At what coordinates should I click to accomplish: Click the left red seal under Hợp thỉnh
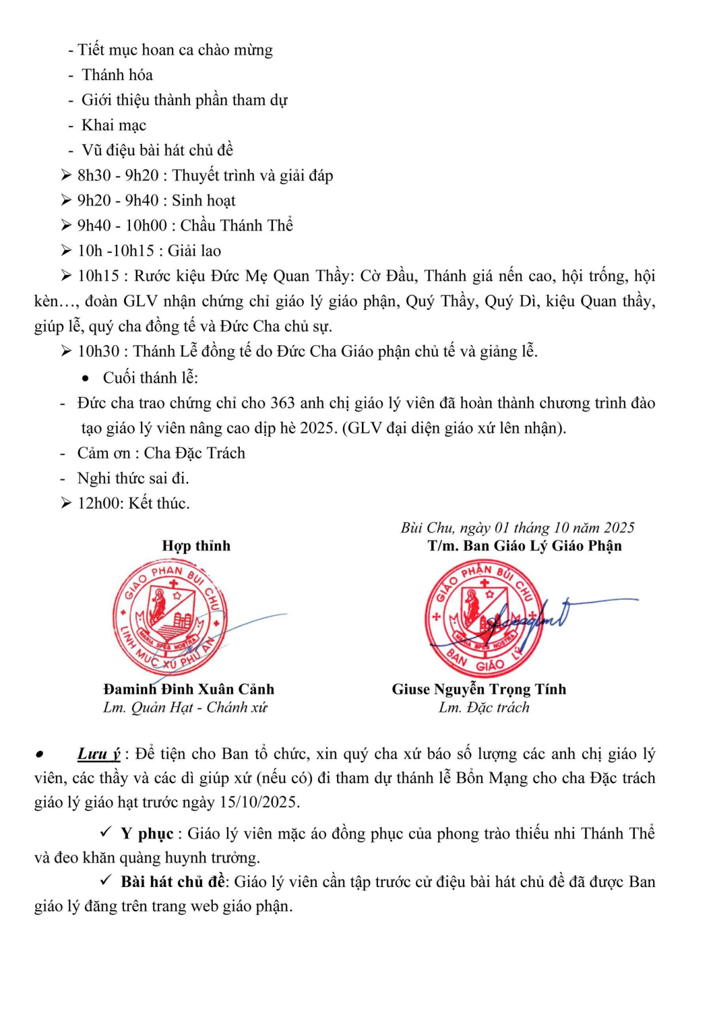170,617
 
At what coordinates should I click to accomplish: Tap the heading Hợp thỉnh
196,546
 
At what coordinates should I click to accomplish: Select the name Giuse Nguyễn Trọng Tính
479,689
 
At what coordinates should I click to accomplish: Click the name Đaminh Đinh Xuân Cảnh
189,689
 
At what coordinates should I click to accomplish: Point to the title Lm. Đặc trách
484,708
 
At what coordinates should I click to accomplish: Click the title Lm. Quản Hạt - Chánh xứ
185,708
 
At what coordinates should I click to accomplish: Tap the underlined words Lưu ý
98,754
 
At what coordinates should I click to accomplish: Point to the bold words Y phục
147,834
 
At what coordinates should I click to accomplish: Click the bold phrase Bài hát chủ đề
173,882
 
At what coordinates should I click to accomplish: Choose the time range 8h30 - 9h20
118,176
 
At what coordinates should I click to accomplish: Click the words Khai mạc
114,125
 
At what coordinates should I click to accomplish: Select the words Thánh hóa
117,75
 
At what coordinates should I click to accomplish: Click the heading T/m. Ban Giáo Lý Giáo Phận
524,546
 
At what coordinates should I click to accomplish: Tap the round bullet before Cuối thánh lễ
86,379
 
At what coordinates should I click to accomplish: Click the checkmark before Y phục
106,832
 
